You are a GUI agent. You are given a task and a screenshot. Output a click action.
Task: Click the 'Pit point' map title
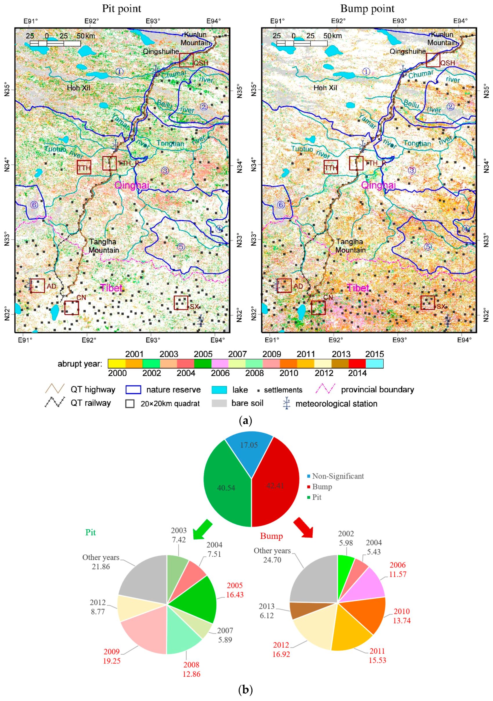click(x=122, y=9)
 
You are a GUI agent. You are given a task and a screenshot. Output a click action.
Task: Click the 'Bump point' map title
click(x=367, y=9)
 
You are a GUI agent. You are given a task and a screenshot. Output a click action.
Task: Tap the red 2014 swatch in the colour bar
click(x=357, y=364)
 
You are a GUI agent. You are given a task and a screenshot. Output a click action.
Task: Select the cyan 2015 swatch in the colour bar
click(x=374, y=364)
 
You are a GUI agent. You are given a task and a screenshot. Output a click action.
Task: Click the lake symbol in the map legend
click(x=219, y=390)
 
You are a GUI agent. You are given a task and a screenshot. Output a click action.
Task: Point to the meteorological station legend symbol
click(x=286, y=403)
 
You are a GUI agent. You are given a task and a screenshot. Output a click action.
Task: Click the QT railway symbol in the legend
click(x=55, y=403)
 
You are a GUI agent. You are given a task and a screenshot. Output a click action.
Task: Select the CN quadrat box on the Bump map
click(x=318, y=307)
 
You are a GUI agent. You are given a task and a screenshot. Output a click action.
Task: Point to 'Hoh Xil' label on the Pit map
click(x=79, y=88)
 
